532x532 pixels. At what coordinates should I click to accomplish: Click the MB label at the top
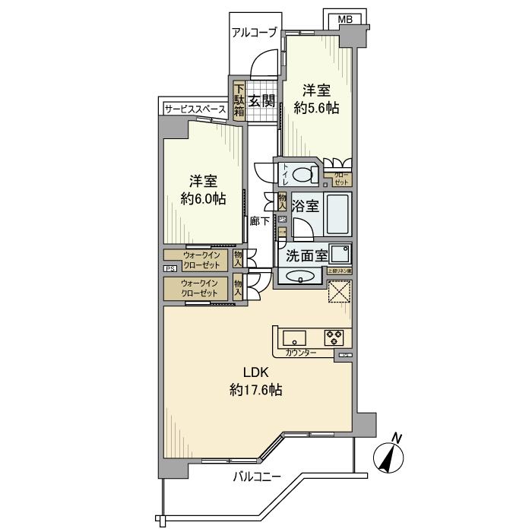[345, 18]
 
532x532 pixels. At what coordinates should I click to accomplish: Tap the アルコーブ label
[255, 32]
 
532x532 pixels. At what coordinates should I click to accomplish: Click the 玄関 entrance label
[262, 100]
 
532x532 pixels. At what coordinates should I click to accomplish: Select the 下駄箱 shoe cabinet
[239, 100]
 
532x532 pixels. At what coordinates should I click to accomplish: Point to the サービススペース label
[195, 109]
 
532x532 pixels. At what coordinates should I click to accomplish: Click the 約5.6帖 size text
[315, 108]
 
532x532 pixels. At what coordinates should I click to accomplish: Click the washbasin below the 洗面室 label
[302, 277]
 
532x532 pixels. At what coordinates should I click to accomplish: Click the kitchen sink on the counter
[294, 337]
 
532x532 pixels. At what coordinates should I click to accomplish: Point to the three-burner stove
[334, 336]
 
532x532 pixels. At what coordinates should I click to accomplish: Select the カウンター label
[301, 353]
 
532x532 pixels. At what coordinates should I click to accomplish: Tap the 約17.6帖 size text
[256, 390]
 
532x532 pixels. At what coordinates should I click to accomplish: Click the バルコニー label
[257, 477]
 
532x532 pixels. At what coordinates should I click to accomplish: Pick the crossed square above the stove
[340, 292]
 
